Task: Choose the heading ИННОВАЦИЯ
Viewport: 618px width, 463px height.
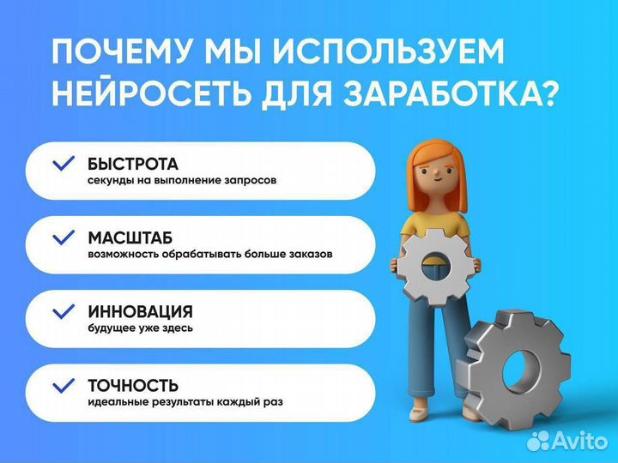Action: click(140, 311)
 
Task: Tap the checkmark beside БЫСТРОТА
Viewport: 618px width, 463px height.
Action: click(64, 163)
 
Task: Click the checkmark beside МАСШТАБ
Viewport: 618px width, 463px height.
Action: click(64, 238)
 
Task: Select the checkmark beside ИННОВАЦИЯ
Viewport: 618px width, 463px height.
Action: click(64, 311)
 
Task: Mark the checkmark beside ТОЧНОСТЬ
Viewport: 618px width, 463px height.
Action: click(64, 385)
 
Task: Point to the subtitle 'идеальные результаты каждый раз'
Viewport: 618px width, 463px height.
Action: click(184, 402)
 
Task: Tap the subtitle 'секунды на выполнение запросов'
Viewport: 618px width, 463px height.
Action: click(181, 181)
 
